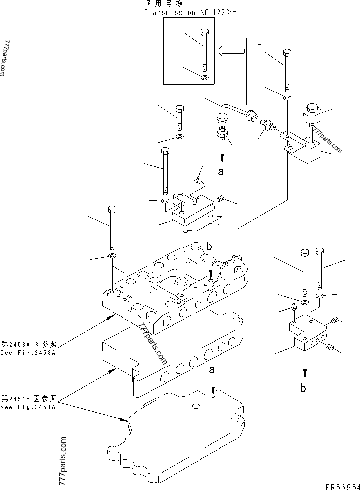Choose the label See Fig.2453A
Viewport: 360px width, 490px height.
click(x=29, y=352)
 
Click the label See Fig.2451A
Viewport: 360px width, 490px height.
click(x=29, y=407)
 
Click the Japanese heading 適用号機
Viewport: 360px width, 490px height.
click(x=157, y=4)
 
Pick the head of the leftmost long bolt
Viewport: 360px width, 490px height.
click(x=112, y=209)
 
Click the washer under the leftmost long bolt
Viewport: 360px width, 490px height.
click(x=112, y=256)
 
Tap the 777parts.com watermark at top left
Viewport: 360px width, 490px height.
click(x=6, y=58)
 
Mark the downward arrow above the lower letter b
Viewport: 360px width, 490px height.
click(x=303, y=368)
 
